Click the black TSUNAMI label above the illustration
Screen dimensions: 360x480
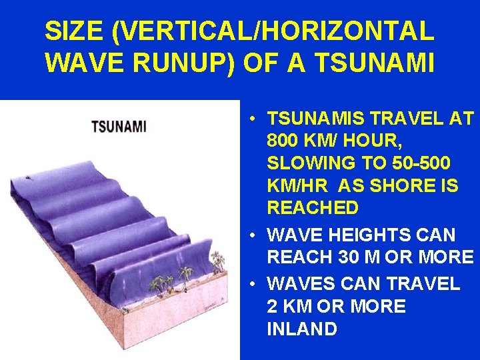[x=119, y=126]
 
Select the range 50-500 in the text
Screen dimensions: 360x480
[x=415, y=164]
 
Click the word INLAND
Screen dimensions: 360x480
[x=301, y=329]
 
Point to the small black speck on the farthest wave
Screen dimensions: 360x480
[x=28, y=179]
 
